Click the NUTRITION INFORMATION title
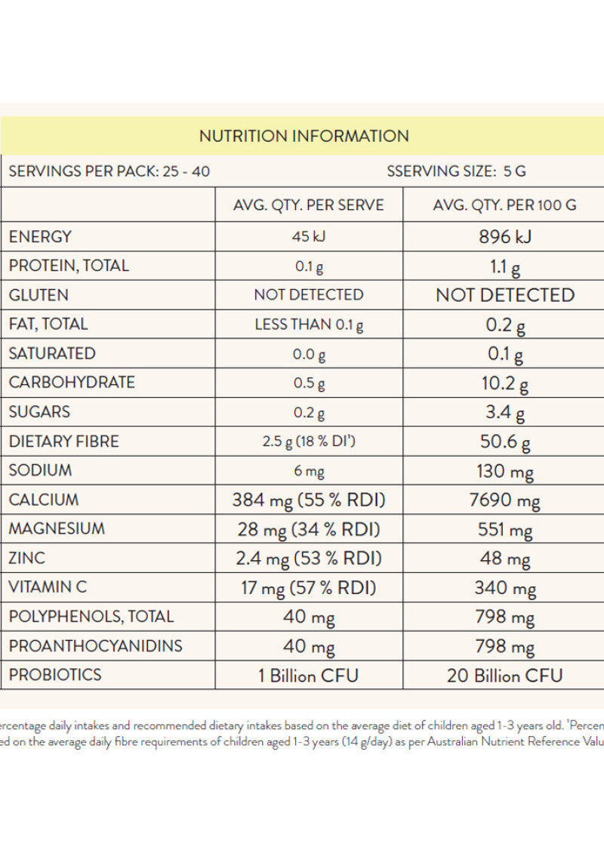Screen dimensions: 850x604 coord(304,136)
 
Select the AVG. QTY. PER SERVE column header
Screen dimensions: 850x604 coord(308,205)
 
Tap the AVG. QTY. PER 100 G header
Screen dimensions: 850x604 coord(505,205)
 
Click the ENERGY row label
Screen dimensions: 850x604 coord(40,236)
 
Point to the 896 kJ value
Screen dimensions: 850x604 coord(505,236)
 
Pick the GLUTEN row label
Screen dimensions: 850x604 coord(39,294)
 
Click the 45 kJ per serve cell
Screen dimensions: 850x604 coord(308,236)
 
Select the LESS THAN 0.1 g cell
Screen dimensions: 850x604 coord(309,324)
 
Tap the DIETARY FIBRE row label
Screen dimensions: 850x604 coord(63,441)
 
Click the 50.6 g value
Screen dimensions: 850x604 coord(505,442)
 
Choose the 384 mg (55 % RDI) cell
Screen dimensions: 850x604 coord(309,500)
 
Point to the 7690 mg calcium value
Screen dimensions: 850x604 coord(505,500)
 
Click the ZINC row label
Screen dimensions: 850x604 coord(27,558)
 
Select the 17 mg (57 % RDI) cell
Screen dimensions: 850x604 coord(309,587)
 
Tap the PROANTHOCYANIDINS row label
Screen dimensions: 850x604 coord(95,645)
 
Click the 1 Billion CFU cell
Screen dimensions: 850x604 coord(309,675)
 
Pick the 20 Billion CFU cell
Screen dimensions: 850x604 coord(505,675)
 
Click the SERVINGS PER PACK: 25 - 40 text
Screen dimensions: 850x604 coord(109,171)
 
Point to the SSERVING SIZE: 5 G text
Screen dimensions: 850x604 coord(456,171)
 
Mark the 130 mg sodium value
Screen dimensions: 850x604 coord(505,471)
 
